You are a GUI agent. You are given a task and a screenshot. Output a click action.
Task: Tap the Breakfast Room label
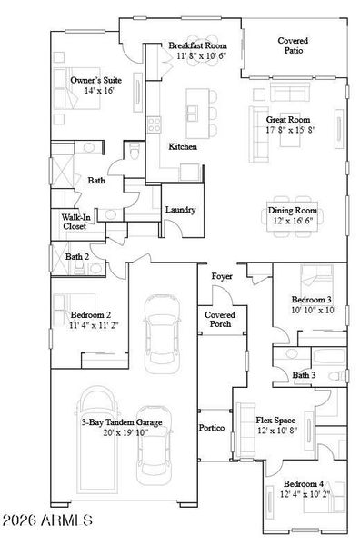(x=197, y=45)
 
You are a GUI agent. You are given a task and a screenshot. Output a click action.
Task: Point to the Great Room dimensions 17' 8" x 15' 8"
(x=290, y=130)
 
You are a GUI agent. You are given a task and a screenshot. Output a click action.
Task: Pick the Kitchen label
(x=183, y=146)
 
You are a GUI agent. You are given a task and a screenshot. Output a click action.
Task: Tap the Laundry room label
(x=180, y=210)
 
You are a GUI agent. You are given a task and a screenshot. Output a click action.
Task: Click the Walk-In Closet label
(x=74, y=222)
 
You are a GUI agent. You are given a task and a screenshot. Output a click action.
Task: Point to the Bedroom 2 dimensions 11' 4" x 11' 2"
(x=95, y=324)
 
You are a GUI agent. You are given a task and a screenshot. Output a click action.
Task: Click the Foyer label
(x=222, y=276)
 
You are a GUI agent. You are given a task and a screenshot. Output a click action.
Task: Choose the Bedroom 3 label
(x=311, y=300)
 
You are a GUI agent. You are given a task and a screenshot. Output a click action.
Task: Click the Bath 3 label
(x=304, y=374)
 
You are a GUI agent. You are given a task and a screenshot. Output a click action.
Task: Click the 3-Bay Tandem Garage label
(x=123, y=421)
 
